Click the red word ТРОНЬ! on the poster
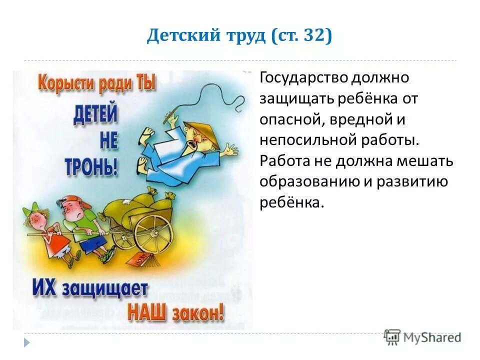click(x=91, y=167)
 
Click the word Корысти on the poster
click(x=67, y=82)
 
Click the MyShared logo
click(x=422, y=337)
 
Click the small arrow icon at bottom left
click(x=26, y=342)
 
